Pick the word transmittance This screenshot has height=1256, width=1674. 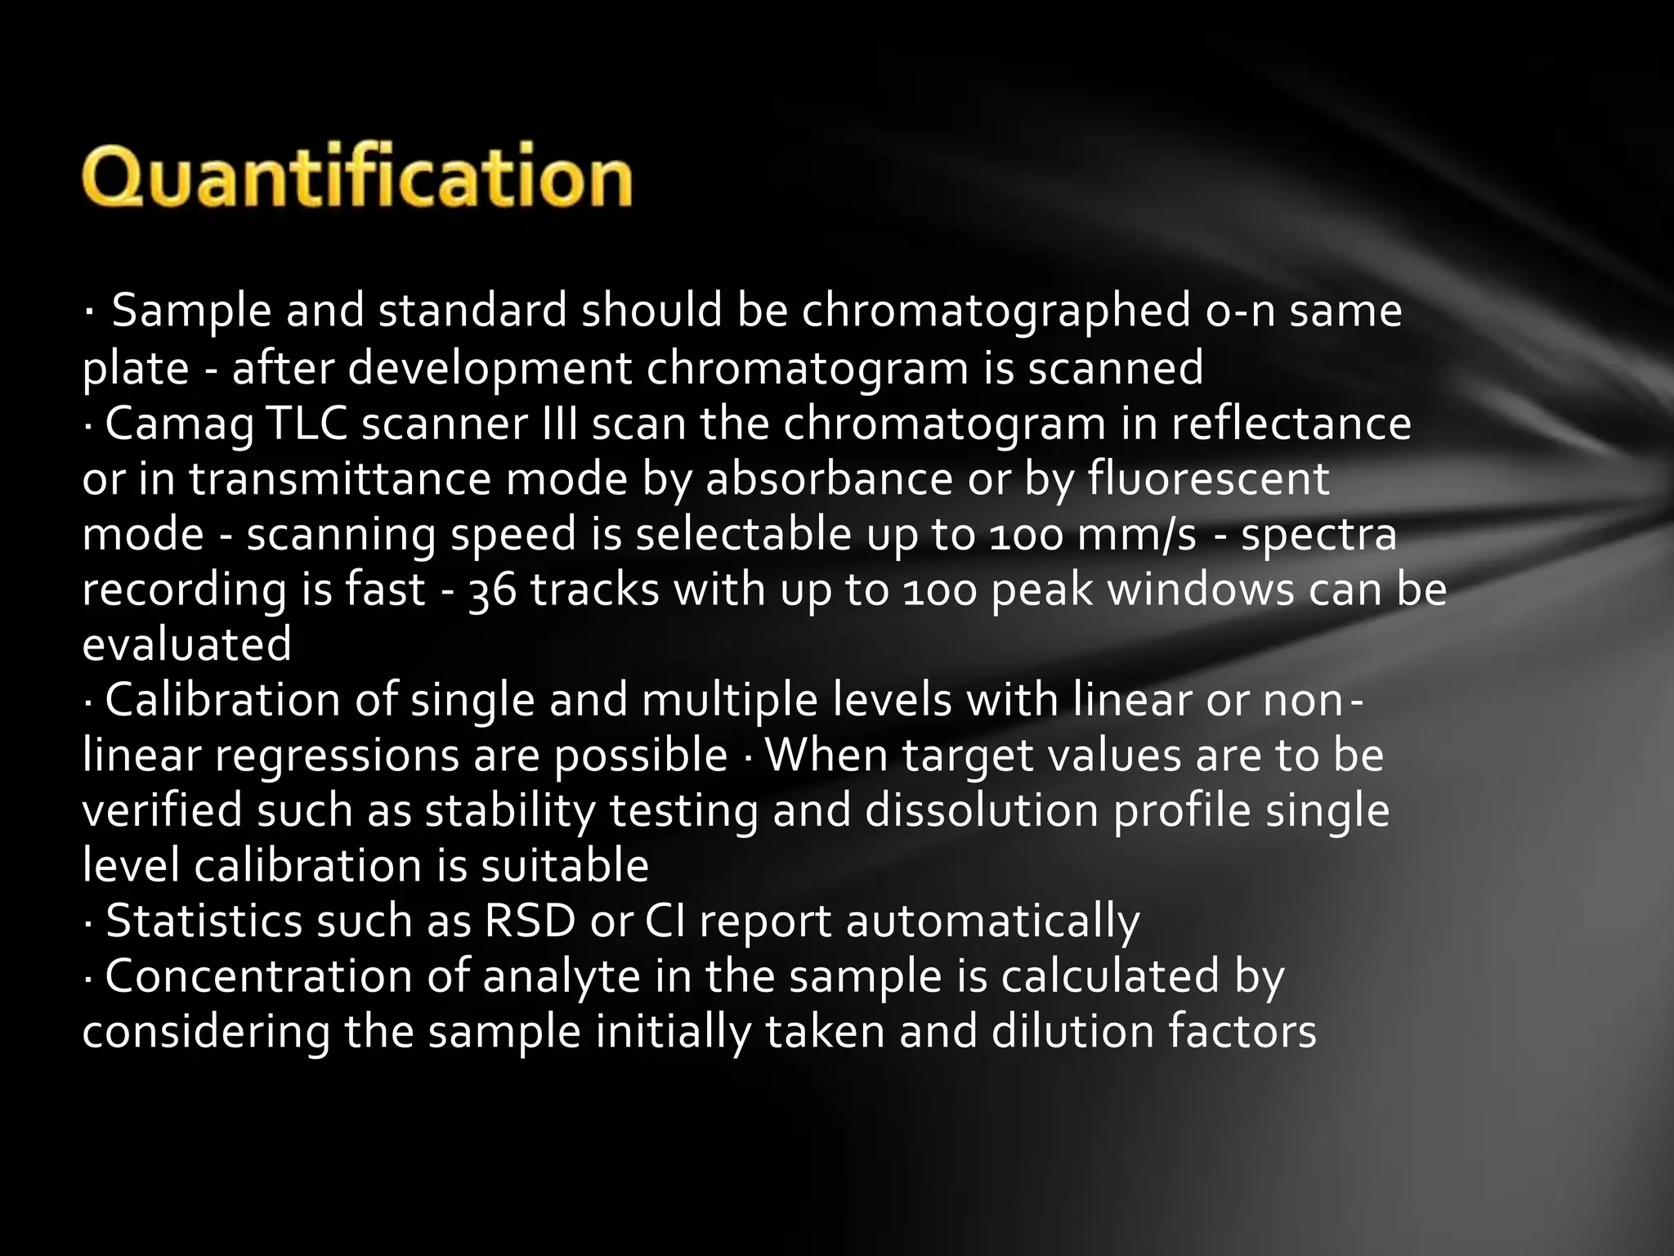[x=340, y=479]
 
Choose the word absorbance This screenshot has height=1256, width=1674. [x=828, y=479]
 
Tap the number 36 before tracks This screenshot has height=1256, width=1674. [x=493, y=590]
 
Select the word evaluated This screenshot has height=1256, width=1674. [x=187, y=644]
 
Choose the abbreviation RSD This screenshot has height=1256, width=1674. [x=530, y=921]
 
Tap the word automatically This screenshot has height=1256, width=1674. [x=992, y=922]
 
